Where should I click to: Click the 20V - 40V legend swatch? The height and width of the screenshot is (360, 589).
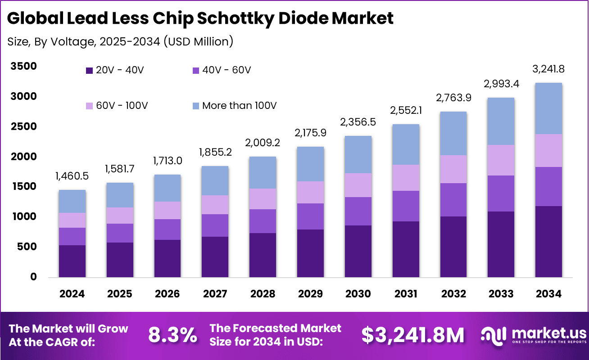click(89, 71)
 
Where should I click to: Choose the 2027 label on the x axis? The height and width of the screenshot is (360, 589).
click(215, 294)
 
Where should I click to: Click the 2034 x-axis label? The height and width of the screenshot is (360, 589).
click(549, 294)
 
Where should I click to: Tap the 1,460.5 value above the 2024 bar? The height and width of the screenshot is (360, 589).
click(72, 176)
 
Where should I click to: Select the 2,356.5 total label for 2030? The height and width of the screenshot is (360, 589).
click(358, 122)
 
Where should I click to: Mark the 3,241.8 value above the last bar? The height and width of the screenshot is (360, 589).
click(549, 69)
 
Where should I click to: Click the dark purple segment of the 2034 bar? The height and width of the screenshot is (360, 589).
click(549, 241)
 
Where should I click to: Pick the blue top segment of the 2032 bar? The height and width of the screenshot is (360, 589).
click(453, 133)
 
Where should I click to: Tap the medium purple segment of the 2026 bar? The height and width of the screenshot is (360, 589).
click(167, 229)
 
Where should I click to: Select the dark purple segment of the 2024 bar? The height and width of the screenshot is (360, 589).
click(72, 261)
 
